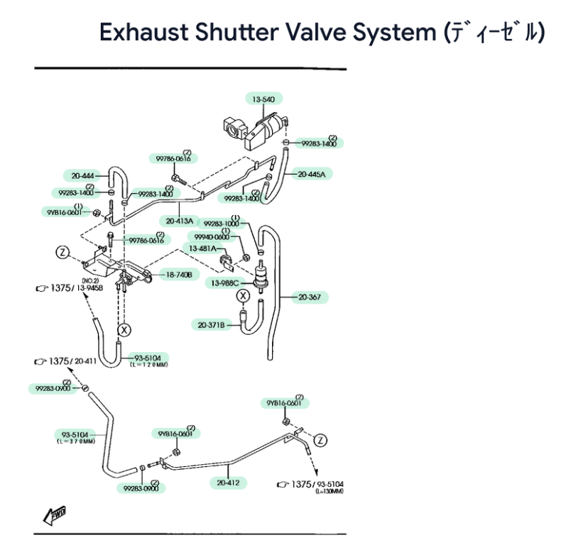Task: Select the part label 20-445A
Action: coord(312,174)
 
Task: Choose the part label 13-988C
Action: coord(225,283)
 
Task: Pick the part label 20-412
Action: coord(229,483)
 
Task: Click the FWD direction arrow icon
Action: coord(54,514)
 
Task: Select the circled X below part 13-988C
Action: coord(244,296)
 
